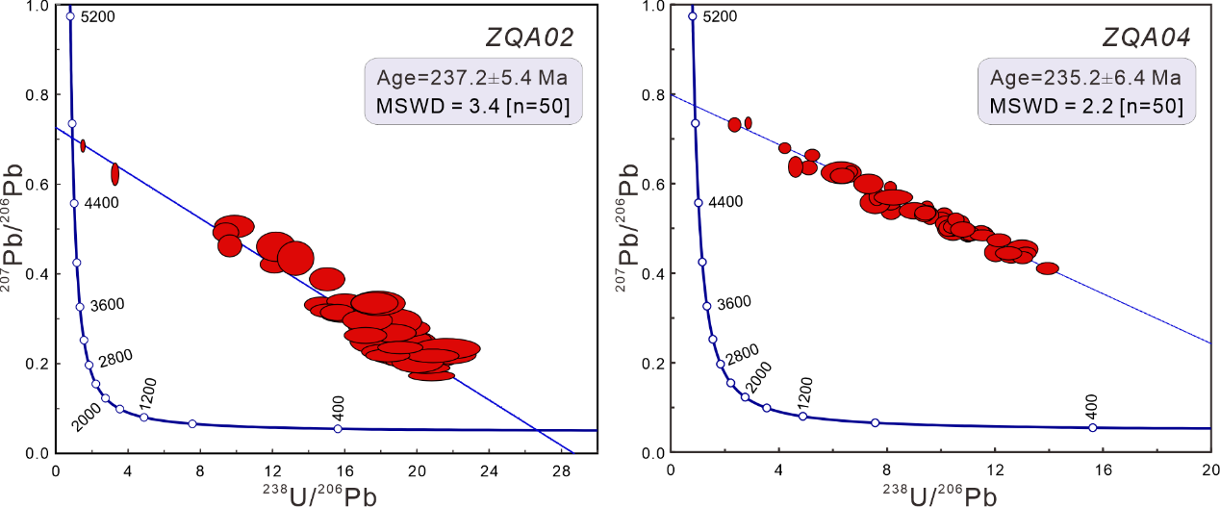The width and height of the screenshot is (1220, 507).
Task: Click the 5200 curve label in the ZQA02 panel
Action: point(99,17)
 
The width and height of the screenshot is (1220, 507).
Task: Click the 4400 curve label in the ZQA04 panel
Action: point(724,202)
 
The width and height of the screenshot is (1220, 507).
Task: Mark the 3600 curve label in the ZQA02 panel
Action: point(107,305)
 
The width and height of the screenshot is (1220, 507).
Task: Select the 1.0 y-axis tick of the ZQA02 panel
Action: point(37,7)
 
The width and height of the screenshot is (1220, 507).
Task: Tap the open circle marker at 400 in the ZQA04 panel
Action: point(1093,427)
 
